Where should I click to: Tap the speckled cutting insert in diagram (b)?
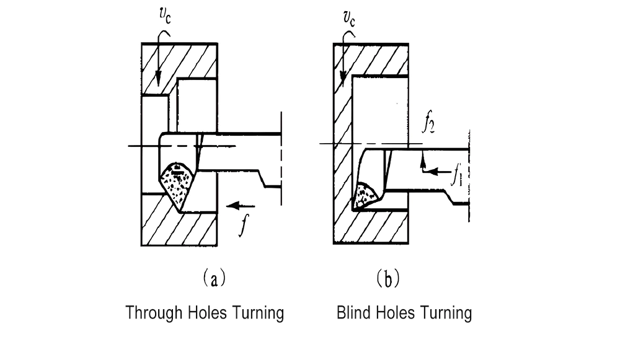pos(366,195)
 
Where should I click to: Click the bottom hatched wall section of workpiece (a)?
pos(180,227)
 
